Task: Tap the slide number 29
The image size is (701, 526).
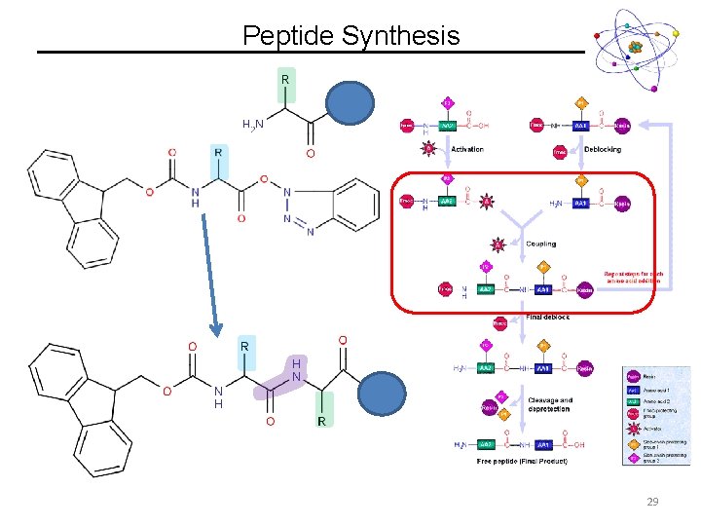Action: tap(651, 501)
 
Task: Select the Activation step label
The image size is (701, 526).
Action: tap(467, 150)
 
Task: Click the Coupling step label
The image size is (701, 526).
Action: tap(541, 244)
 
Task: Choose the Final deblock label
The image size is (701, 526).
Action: tap(548, 317)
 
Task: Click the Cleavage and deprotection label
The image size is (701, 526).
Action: tap(551, 404)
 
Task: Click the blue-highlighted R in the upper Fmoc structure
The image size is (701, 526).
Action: tap(219, 153)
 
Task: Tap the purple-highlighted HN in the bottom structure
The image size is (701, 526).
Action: tap(295, 369)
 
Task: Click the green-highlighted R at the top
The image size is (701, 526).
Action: tap(285, 78)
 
